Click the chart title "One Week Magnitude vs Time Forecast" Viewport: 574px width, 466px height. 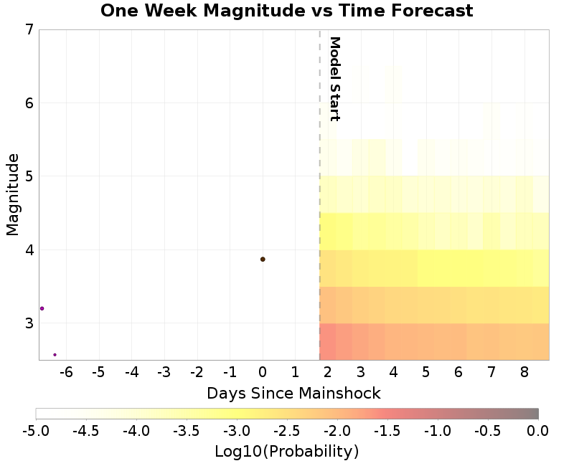click(x=286, y=11)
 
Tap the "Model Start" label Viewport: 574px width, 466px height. click(x=334, y=79)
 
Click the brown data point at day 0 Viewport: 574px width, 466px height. click(x=263, y=259)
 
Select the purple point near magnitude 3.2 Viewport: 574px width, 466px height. click(x=42, y=308)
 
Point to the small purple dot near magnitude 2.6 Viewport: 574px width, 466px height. click(x=55, y=354)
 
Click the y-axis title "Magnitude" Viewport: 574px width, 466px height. click(x=12, y=194)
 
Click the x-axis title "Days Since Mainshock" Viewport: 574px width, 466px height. click(x=293, y=394)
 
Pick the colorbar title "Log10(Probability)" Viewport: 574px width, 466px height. click(x=286, y=452)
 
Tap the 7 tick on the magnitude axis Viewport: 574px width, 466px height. click(x=29, y=30)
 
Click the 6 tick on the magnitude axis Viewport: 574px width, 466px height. click(x=29, y=103)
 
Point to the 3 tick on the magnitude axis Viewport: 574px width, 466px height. click(x=29, y=323)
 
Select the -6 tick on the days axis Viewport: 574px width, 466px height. click(x=66, y=372)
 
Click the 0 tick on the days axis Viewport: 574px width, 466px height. click(x=263, y=372)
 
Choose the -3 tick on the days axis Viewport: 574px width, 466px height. click(x=164, y=372)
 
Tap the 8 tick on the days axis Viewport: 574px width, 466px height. click(x=524, y=372)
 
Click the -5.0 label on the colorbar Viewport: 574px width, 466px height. click(x=36, y=430)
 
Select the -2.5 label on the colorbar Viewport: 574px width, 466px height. click(x=287, y=430)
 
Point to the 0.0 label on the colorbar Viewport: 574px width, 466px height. click(x=538, y=430)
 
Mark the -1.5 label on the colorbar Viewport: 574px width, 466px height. click(x=387, y=430)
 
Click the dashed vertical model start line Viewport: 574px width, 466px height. click(x=319, y=215)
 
